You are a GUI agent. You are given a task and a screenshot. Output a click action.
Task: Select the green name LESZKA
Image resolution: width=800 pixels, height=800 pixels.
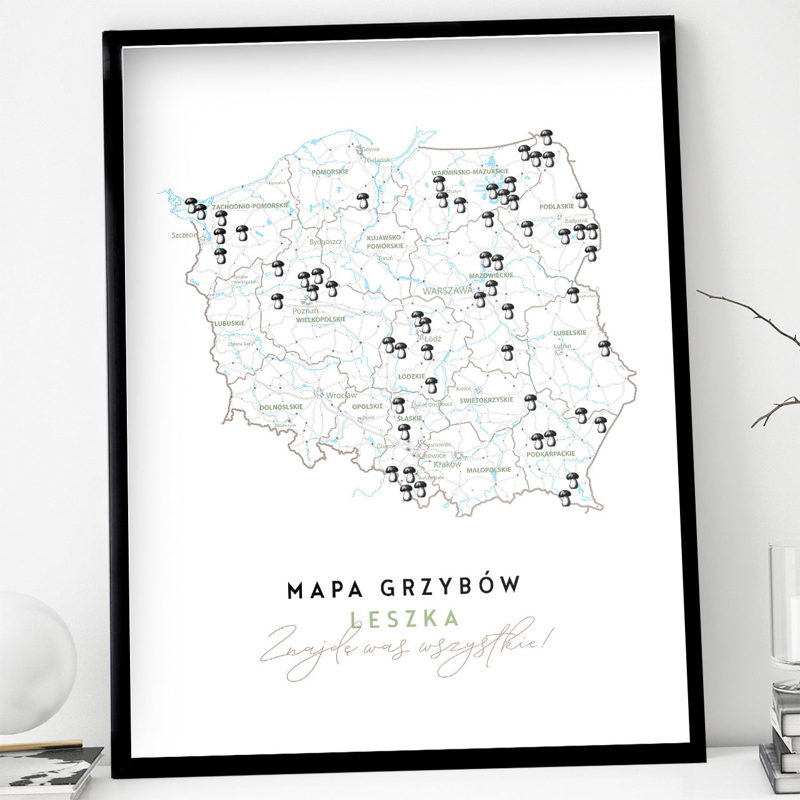coord(405,619)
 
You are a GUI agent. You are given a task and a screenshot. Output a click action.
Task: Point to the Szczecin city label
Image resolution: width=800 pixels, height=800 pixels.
coord(184,236)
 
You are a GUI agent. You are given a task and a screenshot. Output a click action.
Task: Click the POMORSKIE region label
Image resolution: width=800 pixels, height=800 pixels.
coord(330,171)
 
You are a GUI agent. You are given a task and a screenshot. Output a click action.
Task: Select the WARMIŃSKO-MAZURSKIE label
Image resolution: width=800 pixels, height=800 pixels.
coord(470,172)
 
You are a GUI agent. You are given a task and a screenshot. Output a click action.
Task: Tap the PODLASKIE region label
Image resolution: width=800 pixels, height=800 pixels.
coord(556,206)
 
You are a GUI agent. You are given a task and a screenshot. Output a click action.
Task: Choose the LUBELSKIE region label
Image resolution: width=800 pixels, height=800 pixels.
coord(570,333)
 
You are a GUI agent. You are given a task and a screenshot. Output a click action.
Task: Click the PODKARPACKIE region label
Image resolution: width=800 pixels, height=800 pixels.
coord(551,454)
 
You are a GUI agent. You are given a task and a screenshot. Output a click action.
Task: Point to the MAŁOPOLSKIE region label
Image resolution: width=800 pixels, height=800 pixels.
coord(489,470)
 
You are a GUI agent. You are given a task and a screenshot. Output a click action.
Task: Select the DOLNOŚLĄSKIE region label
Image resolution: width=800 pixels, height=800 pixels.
coord(281,407)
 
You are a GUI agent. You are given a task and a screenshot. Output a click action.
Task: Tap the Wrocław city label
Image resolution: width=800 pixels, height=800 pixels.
coord(341,396)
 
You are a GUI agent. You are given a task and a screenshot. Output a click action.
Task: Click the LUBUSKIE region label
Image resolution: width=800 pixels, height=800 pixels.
coord(229,324)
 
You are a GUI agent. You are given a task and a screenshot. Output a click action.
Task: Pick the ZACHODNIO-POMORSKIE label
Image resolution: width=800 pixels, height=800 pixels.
coord(250,206)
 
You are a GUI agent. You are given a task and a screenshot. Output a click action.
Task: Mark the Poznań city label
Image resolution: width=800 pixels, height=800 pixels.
coord(306,311)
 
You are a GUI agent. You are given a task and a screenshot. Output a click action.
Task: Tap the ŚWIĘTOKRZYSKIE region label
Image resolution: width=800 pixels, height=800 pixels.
coord(486,400)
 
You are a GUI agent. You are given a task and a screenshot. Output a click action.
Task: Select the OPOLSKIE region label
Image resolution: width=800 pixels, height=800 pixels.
coord(367,406)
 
